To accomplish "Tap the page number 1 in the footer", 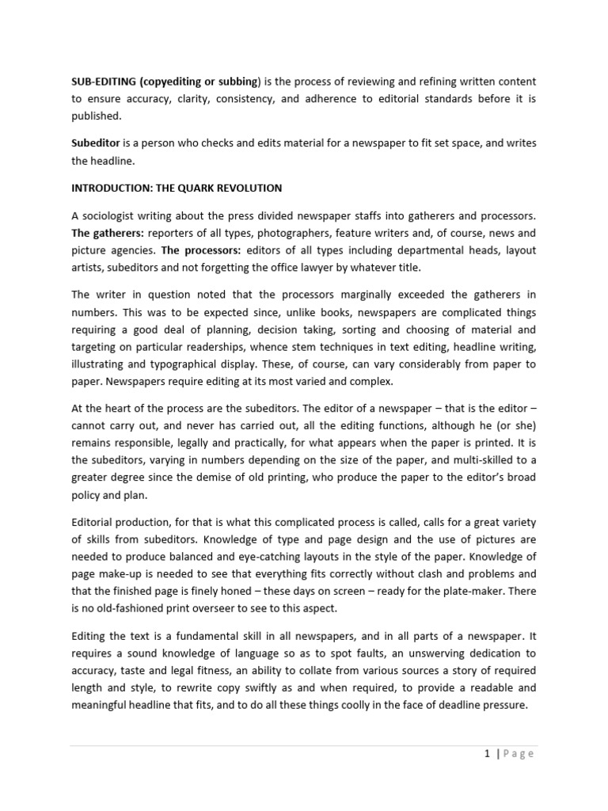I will [488, 754].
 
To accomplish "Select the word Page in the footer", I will [518, 754].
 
